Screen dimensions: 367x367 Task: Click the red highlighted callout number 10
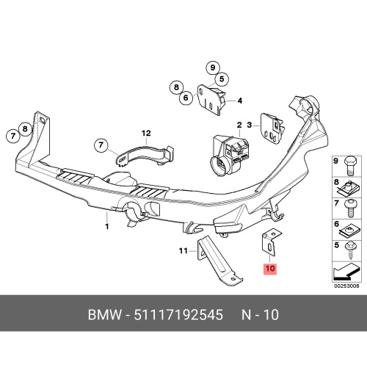tap(270, 269)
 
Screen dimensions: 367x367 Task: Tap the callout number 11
tap(183, 251)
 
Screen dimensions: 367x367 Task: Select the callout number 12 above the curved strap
tap(146, 134)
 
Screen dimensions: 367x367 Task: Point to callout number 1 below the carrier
tap(107, 227)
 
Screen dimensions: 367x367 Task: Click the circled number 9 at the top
tap(213, 68)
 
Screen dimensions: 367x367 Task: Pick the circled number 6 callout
tap(186, 98)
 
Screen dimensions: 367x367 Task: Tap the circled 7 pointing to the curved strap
tap(101, 145)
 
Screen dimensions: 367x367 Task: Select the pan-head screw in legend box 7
tap(351, 208)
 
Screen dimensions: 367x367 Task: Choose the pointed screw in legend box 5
tap(350, 250)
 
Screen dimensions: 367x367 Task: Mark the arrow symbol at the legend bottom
tap(346, 272)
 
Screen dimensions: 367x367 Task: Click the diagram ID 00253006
tap(346, 286)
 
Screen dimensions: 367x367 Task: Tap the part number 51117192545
tap(178, 315)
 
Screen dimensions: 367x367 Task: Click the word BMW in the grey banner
tap(104, 315)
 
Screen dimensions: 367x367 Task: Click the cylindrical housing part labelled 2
tap(230, 156)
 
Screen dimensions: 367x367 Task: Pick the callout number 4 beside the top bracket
tap(239, 101)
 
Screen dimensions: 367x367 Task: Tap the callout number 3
tap(249, 125)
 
